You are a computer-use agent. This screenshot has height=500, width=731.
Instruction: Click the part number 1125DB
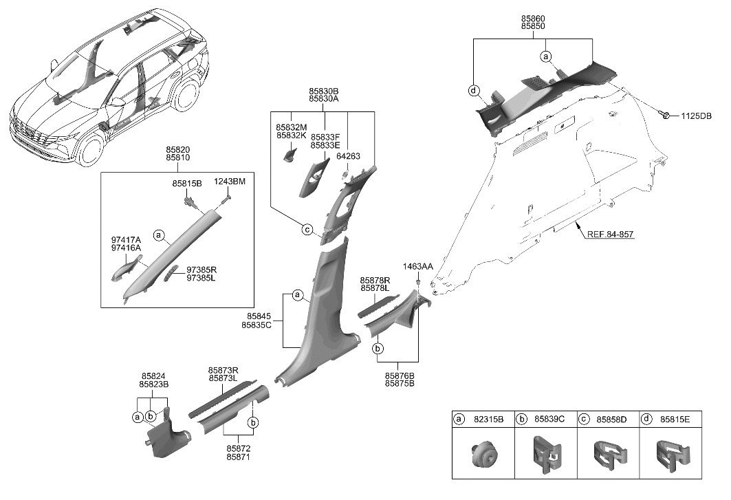click(696, 116)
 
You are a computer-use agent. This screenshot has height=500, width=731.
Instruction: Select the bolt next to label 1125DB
click(665, 114)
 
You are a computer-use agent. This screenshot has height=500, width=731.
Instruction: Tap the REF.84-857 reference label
click(610, 234)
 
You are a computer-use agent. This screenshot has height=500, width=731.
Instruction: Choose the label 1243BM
click(229, 181)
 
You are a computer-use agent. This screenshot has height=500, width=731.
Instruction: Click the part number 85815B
click(187, 184)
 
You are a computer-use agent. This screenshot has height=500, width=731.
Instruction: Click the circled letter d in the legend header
click(646, 419)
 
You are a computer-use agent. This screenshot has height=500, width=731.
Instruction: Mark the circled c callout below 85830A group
click(307, 230)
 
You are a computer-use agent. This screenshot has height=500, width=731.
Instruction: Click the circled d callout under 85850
click(473, 91)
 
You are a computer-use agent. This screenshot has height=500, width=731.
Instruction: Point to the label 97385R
click(201, 270)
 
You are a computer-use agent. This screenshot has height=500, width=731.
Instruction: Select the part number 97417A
click(126, 240)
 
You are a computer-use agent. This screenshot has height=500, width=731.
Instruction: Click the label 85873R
click(222, 370)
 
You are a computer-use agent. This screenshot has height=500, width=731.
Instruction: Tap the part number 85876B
click(399, 376)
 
